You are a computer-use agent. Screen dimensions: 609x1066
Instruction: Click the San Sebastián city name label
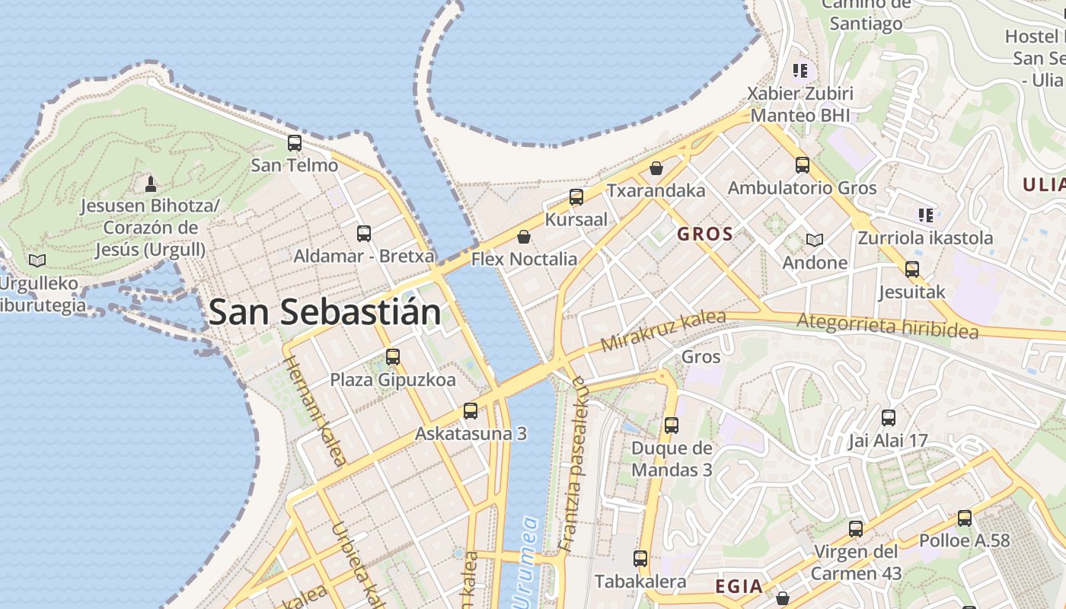click(x=324, y=312)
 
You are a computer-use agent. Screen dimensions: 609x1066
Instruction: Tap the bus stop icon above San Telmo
click(x=294, y=142)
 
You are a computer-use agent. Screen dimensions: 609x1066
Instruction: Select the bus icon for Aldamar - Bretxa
click(x=364, y=233)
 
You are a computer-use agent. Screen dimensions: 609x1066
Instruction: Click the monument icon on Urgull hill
click(x=151, y=183)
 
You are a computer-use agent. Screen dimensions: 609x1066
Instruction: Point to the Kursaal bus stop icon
click(x=576, y=197)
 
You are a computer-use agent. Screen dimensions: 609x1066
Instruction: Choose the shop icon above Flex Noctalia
click(x=523, y=237)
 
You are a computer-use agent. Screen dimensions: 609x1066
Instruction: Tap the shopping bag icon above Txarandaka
click(x=656, y=167)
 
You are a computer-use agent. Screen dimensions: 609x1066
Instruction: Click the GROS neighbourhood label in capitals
click(x=705, y=234)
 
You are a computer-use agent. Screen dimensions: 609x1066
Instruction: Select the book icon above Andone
click(x=815, y=240)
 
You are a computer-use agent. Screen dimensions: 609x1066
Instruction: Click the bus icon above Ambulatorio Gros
click(x=802, y=164)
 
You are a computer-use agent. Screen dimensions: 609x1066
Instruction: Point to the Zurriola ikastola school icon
click(x=925, y=215)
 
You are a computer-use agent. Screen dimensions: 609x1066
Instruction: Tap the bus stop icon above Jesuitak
click(x=911, y=269)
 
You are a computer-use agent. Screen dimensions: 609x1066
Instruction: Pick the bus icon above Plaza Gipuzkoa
click(x=393, y=356)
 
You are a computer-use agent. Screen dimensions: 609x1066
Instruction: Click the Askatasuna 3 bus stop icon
click(x=471, y=411)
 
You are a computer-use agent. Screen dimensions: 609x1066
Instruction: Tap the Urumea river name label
click(x=527, y=563)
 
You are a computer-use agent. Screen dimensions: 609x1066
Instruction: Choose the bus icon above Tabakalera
click(x=640, y=558)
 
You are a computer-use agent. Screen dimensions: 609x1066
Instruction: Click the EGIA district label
click(x=739, y=586)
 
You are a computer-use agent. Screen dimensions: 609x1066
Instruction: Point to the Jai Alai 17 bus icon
click(x=889, y=417)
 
